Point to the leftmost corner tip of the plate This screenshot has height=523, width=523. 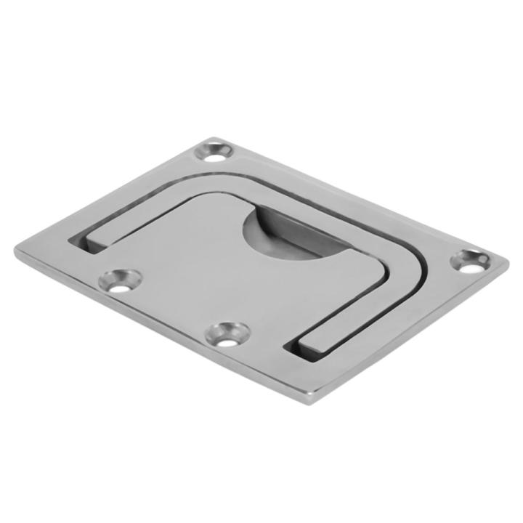point(16,251)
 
